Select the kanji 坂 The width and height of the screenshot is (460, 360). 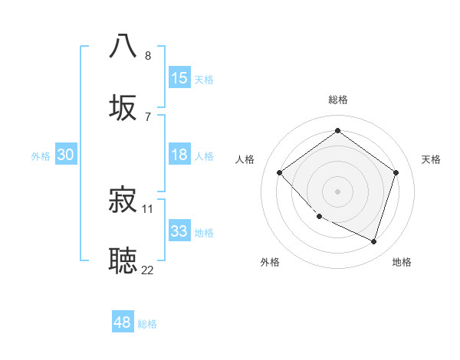[x=123, y=107]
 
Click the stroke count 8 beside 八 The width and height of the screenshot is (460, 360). [x=148, y=55]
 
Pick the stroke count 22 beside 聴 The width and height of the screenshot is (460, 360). [x=147, y=270]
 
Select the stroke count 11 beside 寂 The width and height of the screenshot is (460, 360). [x=148, y=208]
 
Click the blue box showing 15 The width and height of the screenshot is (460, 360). [x=179, y=78]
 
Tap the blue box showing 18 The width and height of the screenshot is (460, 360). [x=179, y=155]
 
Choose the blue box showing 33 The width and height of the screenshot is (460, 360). [x=179, y=231]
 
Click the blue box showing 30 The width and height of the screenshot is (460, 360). [x=66, y=155]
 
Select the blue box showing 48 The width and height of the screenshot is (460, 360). [x=123, y=322]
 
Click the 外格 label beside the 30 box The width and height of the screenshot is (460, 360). [x=41, y=155]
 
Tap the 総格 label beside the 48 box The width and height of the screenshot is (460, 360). [x=147, y=324]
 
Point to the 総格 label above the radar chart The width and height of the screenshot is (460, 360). [x=338, y=100]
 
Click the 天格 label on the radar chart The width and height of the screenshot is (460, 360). [x=431, y=159]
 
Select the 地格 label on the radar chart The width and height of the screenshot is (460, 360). [x=402, y=263]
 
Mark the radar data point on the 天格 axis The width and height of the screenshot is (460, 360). [x=396, y=172]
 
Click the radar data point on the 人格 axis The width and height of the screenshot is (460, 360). [x=280, y=172]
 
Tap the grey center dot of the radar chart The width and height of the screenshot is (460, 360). [x=338, y=191]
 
